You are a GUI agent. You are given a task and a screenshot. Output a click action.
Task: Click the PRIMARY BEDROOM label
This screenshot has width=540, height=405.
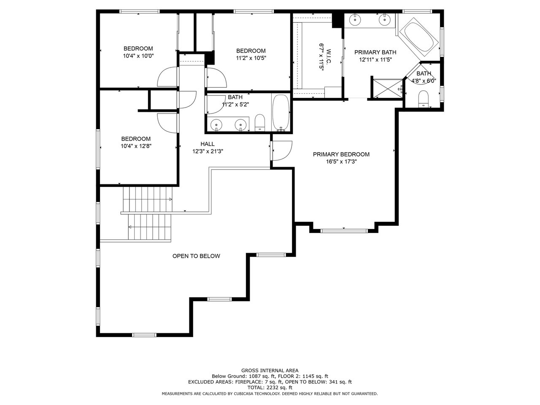[341, 154]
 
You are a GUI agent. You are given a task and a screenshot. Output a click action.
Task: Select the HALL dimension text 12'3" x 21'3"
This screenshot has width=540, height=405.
[208, 151]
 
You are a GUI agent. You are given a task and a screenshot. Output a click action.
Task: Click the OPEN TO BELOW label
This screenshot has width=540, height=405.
[196, 256]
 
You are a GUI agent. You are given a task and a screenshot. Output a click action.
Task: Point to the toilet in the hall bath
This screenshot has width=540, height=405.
[259, 122]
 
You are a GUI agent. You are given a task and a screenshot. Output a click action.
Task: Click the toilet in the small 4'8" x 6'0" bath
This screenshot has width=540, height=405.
[424, 99]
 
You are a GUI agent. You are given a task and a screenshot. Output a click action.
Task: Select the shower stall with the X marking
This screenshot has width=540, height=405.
[388, 88]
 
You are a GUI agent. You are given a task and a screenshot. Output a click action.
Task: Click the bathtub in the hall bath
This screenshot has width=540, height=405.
[281, 113]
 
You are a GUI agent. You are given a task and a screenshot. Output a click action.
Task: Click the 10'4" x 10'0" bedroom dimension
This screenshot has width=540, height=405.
[138, 56]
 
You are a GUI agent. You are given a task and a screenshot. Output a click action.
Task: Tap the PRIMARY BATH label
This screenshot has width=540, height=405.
[375, 52]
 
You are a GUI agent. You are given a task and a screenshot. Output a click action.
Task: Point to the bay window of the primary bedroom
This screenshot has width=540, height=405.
[344, 231]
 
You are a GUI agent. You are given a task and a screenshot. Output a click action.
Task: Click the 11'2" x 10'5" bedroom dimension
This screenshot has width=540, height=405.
[251, 58]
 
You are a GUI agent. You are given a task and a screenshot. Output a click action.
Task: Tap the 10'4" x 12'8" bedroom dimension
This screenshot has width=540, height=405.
[136, 146]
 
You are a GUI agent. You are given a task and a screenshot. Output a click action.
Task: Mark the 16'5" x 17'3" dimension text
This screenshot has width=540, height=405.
[341, 162]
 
